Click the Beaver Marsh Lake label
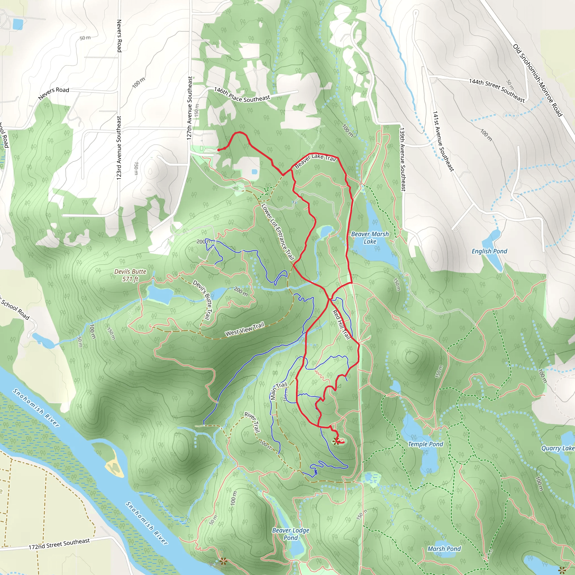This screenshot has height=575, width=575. pyautogui.click(x=370, y=238)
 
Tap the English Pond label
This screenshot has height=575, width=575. pyautogui.click(x=489, y=251)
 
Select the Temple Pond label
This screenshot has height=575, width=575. pyautogui.click(x=425, y=444)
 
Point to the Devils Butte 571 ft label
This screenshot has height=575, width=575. pyautogui.click(x=130, y=275)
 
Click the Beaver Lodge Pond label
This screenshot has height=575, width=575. pyautogui.click(x=291, y=534)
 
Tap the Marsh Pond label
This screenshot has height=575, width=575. pyautogui.click(x=444, y=549)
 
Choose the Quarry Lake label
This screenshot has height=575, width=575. pyautogui.click(x=557, y=448)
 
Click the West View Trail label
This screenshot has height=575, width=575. pyautogui.click(x=245, y=329)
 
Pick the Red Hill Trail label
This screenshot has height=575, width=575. pyautogui.click(x=341, y=324)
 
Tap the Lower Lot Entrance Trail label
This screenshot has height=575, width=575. pyautogui.click(x=277, y=232)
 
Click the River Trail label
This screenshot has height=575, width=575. pyautogui.click(x=252, y=422)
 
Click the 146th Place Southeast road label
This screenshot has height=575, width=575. pyautogui.click(x=242, y=95)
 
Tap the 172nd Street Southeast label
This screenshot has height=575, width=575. pyautogui.click(x=59, y=544)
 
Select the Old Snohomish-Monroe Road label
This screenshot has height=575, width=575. pyautogui.click(x=537, y=80)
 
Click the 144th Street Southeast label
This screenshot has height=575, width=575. pyautogui.click(x=497, y=90)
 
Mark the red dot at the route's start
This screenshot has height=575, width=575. pyautogui.click(x=219, y=150)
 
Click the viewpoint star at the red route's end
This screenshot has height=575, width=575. pyautogui.click(x=336, y=441)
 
